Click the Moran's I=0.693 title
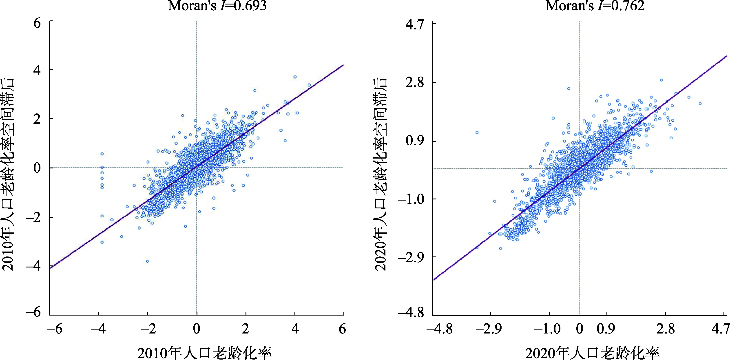point(217,6)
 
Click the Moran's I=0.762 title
point(595,6)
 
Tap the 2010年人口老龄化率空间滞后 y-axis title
point(9,174)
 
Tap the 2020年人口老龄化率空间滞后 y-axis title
point(381,174)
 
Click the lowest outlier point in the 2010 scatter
point(147,261)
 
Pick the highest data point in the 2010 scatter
point(295,77)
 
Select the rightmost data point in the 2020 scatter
point(700,104)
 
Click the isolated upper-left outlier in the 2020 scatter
point(477,133)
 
